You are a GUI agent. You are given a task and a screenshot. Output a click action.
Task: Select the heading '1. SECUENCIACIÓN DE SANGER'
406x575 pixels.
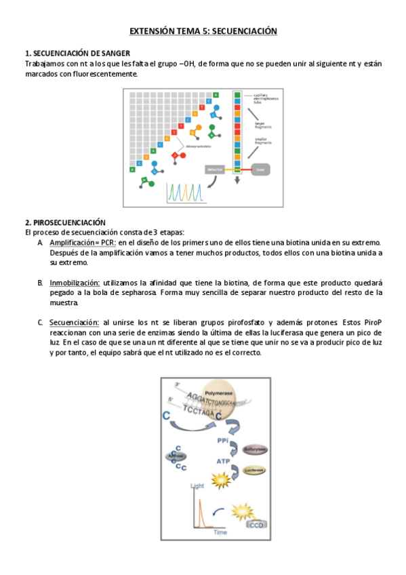pos(77,54)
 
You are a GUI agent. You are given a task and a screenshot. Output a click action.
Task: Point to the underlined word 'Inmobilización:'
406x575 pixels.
pos(75,283)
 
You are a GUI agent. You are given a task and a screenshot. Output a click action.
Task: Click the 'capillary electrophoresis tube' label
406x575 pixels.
pos(265,99)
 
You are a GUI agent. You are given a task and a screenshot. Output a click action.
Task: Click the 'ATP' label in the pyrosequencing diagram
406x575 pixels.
pos(223,461)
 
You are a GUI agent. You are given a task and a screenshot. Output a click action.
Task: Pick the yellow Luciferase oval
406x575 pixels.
pos(255,469)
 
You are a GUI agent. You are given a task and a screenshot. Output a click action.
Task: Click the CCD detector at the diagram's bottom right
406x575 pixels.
pos(257,523)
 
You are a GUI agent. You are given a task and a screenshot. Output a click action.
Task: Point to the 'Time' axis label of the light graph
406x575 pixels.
pos(220,533)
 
